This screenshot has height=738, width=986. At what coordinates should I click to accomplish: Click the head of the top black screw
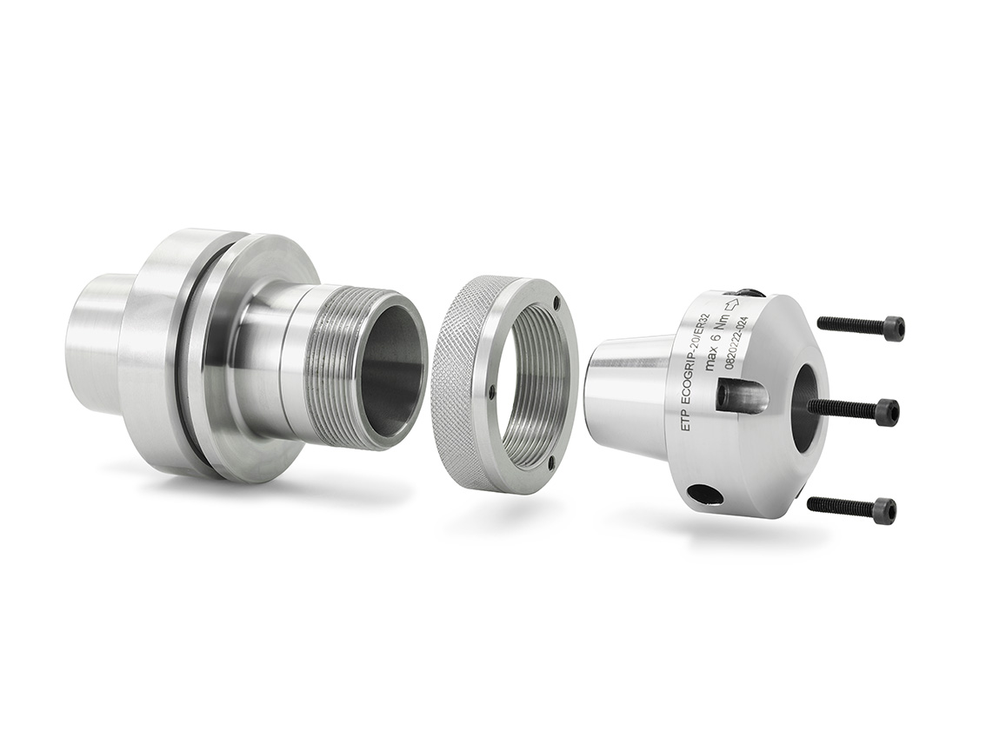pos(894,329)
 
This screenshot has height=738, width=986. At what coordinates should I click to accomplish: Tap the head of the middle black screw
pos(887,412)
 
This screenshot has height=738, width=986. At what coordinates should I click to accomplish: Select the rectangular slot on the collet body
pos(741,394)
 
